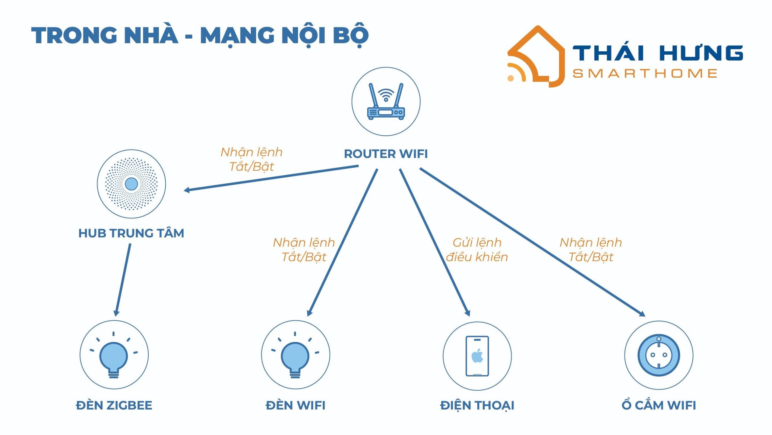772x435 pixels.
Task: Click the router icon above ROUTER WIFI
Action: tap(386, 101)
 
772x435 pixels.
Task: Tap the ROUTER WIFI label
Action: tap(386, 154)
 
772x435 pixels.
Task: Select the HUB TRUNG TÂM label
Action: tap(131, 233)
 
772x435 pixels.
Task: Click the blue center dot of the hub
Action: tap(131, 184)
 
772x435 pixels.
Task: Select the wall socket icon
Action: tap(659, 356)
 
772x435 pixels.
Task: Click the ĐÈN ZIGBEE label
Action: tap(114, 405)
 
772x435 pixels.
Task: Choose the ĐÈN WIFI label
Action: tap(296, 405)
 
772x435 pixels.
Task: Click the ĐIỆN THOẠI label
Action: tap(477, 405)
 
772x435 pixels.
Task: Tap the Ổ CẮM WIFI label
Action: tap(659, 405)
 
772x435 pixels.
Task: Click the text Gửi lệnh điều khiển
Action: tap(477, 250)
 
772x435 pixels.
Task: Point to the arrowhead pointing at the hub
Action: tap(187, 190)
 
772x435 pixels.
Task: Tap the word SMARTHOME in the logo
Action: tap(645, 74)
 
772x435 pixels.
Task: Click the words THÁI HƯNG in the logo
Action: tap(657, 53)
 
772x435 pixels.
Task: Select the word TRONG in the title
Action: tap(74, 36)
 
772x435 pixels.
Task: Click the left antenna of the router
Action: tap(373, 95)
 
